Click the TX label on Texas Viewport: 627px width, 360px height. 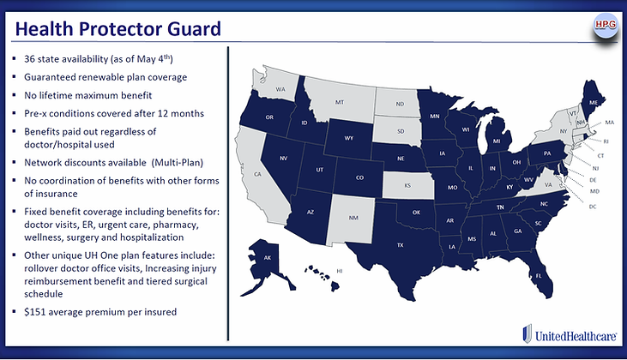click(399, 244)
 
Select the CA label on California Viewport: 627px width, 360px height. click(256, 174)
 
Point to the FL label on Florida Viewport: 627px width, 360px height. click(538, 277)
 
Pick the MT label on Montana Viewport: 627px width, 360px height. click(339, 102)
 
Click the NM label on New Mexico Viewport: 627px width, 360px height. click(353, 217)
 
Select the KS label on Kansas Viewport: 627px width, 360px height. click(407, 184)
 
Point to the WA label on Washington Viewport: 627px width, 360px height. click(280, 89)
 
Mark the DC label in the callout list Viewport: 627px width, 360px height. click(592, 205)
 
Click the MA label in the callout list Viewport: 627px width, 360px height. click(609, 123)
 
